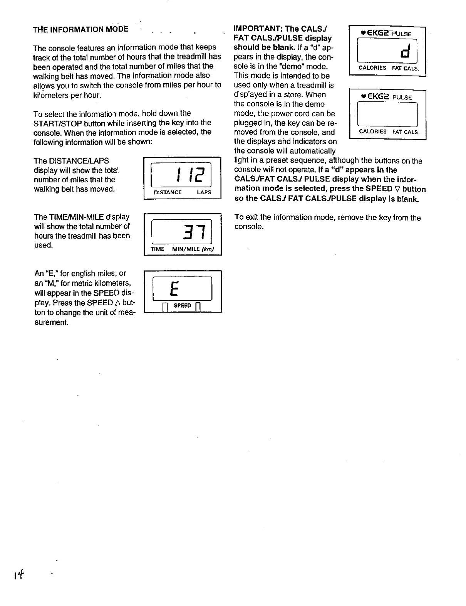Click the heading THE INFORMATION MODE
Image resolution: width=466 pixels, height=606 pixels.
pyautogui.click(x=81, y=29)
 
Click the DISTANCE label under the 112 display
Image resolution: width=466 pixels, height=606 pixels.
pyautogui.click(x=168, y=192)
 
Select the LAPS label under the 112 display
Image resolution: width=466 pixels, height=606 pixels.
pyautogui.click(x=204, y=192)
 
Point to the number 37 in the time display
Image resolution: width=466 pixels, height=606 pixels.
pyautogui.click(x=193, y=232)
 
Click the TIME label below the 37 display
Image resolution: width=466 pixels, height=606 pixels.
pyautogui.click(x=158, y=249)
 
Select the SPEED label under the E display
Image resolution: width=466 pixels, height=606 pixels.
pyautogui.click(x=182, y=305)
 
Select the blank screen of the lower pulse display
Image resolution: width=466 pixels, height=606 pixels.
pyautogui.click(x=387, y=114)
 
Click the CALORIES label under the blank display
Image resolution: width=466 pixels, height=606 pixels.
pyautogui.click(x=372, y=131)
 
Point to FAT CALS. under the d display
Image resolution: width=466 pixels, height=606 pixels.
pyautogui.click(x=405, y=68)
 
